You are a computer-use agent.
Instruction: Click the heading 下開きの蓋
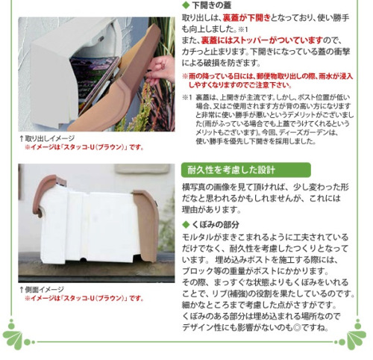point(211,5)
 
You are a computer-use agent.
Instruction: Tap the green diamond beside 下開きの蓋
point(186,5)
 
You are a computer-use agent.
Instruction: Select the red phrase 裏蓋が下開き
point(246,18)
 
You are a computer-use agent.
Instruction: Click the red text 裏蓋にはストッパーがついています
point(262,40)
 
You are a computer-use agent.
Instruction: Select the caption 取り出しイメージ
point(50,138)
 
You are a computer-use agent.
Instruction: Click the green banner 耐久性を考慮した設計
point(246,170)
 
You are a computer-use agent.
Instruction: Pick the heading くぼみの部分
point(216,225)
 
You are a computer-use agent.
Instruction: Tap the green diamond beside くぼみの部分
point(186,225)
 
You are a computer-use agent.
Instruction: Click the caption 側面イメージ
point(45,290)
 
